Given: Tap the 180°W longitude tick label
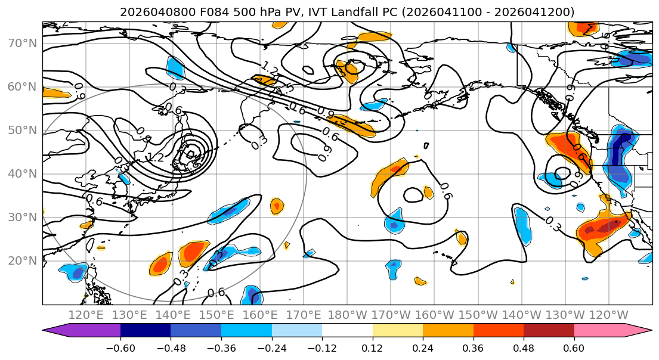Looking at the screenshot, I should pos(347,315).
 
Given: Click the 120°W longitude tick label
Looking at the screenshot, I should pos(608,315).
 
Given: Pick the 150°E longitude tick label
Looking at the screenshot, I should pos(216,315).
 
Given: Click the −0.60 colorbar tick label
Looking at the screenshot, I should pos(120,346).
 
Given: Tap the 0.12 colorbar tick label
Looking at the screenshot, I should pos(372,346).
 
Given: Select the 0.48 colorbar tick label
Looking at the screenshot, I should pos(524,346).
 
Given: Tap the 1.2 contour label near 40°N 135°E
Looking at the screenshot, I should pos(155,158).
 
